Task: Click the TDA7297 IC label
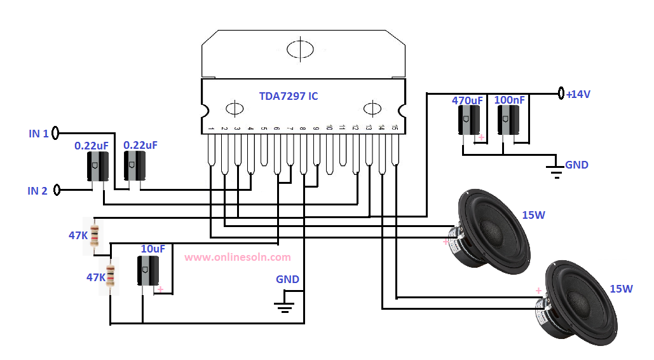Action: coord(288,96)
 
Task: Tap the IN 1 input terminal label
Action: coord(38,134)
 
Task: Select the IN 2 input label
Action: coord(37,191)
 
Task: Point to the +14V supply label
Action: coord(578,94)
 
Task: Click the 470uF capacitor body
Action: coord(469,120)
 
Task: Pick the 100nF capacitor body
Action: coord(508,120)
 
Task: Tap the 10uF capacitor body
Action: coord(148,270)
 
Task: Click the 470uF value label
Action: coord(467,100)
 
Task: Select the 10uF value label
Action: coord(153,249)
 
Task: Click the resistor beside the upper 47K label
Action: coord(95,235)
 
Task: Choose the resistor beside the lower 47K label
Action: coord(111,275)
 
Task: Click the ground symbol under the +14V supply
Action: coord(556,172)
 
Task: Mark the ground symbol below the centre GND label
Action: coord(284,307)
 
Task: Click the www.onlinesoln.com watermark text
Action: coord(238,257)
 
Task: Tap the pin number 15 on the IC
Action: coord(395,127)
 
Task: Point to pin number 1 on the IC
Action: coord(211,128)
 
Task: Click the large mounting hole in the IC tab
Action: coord(300,50)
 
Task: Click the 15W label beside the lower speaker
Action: coord(621,289)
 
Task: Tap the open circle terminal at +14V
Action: coord(561,93)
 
